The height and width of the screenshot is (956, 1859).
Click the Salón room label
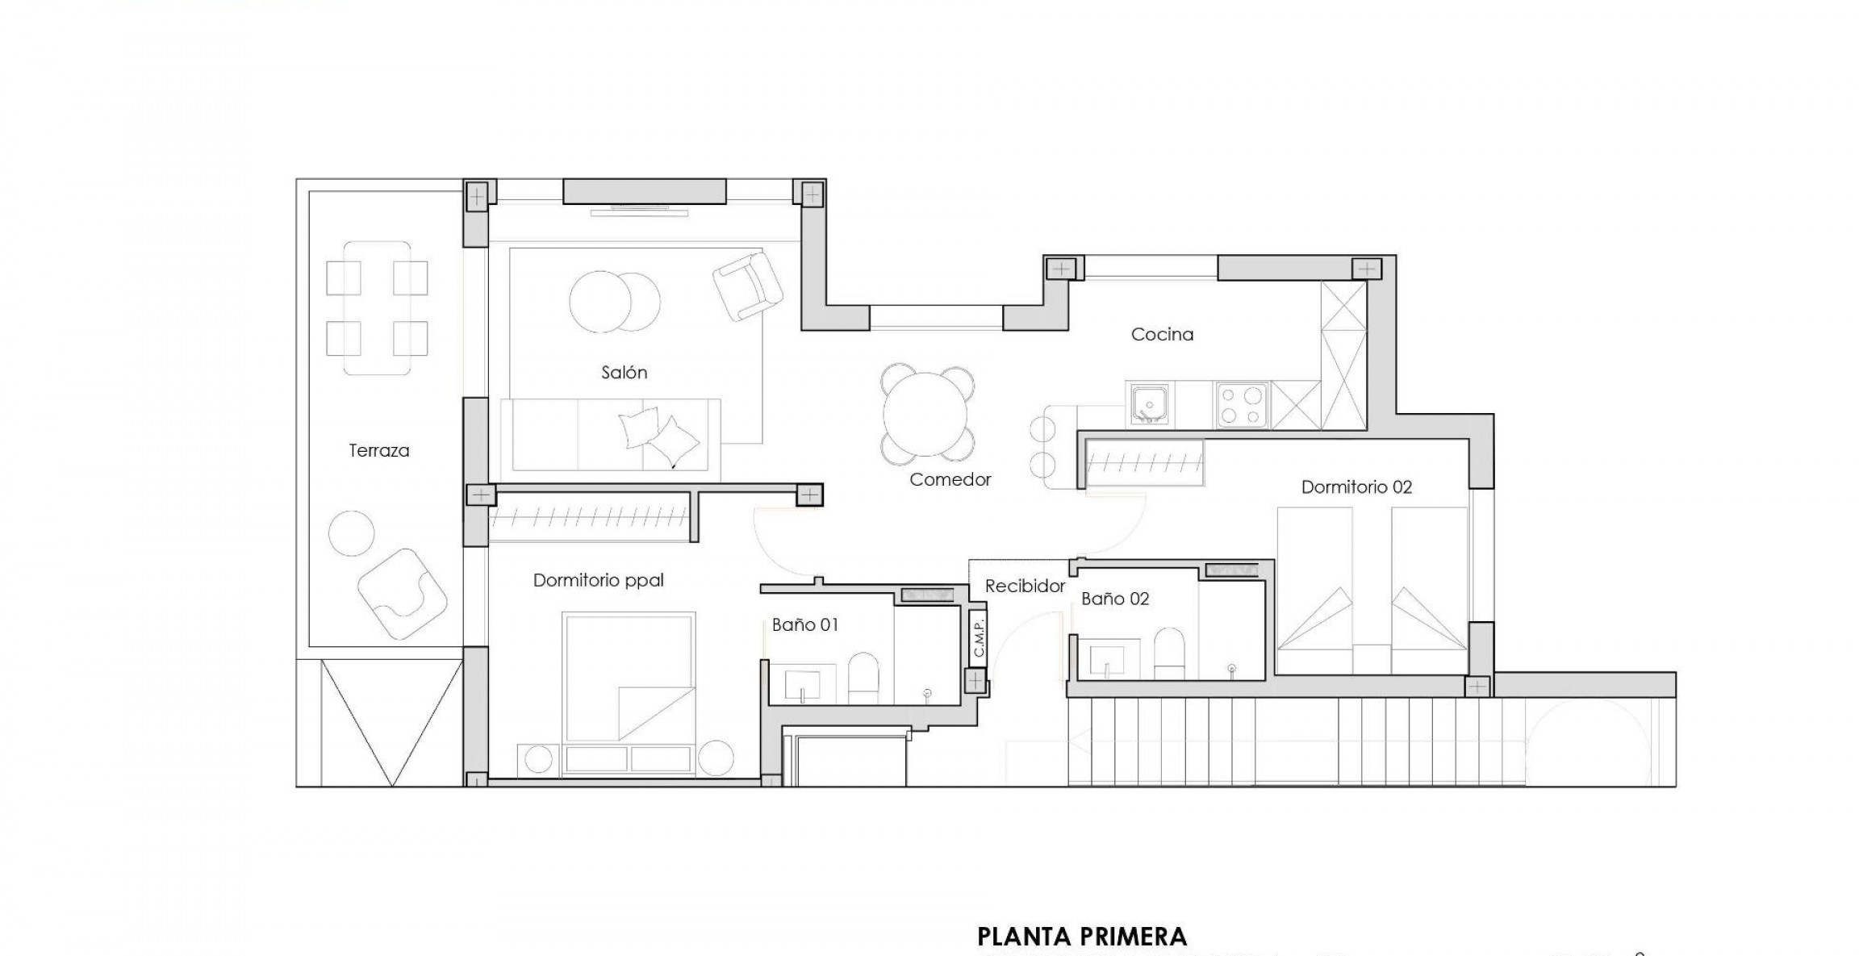tap(624, 373)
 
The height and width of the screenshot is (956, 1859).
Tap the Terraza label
tap(378, 451)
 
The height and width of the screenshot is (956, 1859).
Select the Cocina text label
tap(1162, 334)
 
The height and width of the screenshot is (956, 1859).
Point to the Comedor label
tap(950, 480)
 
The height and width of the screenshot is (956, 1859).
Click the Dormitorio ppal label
tap(598, 580)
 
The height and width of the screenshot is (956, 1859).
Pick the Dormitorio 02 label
tap(1356, 487)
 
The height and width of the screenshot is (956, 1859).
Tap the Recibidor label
tap(1025, 587)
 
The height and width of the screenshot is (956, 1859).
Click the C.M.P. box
tap(978, 637)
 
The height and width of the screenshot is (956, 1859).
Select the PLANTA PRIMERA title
tap(1081, 937)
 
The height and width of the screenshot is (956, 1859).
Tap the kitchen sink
tap(1147, 404)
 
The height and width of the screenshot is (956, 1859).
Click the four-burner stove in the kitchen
tap(1242, 405)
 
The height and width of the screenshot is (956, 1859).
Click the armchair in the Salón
tap(747, 285)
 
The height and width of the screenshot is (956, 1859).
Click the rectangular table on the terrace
tap(377, 307)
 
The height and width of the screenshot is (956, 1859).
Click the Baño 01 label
tap(804, 624)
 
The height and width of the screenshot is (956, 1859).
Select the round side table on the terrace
tap(352, 532)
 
